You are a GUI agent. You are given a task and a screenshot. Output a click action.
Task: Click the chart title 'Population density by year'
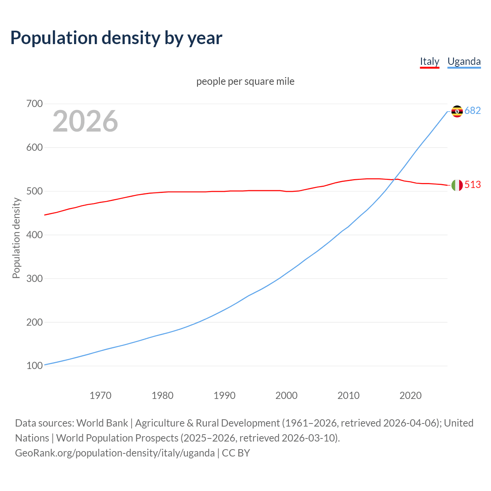pyautogui.click(x=116, y=38)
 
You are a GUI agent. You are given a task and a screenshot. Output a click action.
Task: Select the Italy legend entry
pyautogui.click(x=429, y=61)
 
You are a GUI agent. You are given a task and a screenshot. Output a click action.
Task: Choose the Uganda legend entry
pyautogui.click(x=464, y=61)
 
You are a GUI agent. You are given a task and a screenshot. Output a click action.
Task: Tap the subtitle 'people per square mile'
pyautogui.click(x=245, y=82)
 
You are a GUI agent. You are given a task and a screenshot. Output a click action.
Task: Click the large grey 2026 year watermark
pyautogui.click(x=85, y=121)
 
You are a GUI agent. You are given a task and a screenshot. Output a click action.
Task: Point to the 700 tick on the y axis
pyautogui.click(x=35, y=104)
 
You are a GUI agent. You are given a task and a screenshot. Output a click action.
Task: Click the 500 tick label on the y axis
pyautogui.click(x=35, y=191)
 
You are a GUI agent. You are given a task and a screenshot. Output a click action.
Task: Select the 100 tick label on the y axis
pyautogui.click(x=35, y=366)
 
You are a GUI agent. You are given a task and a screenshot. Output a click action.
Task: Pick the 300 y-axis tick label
pyautogui.click(x=35, y=278)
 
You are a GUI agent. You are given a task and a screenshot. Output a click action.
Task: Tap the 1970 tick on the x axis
pyautogui.click(x=101, y=395)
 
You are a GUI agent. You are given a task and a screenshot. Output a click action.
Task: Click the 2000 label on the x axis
pyautogui.click(x=287, y=395)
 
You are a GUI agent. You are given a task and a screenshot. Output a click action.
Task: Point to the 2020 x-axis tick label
pyautogui.click(x=410, y=395)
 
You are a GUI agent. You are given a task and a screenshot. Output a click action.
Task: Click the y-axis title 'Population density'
pyautogui.click(x=16, y=238)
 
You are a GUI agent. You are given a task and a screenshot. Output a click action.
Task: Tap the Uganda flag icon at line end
pyautogui.click(x=457, y=111)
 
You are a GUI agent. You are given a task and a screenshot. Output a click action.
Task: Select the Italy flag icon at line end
pyautogui.click(x=457, y=185)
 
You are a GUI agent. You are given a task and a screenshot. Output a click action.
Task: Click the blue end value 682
pyautogui.click(x=473, y=111)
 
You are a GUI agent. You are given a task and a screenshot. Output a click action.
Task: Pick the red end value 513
pyautogui.click(x=473, y=185)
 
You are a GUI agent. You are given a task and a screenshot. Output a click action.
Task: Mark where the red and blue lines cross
pyautogui.click(x=394, y=180)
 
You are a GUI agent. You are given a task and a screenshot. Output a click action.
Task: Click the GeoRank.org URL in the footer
pyautogui.click(x=115, y=453)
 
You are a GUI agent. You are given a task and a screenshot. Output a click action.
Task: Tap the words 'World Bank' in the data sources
pyautogui.click(x=102, y=423)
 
